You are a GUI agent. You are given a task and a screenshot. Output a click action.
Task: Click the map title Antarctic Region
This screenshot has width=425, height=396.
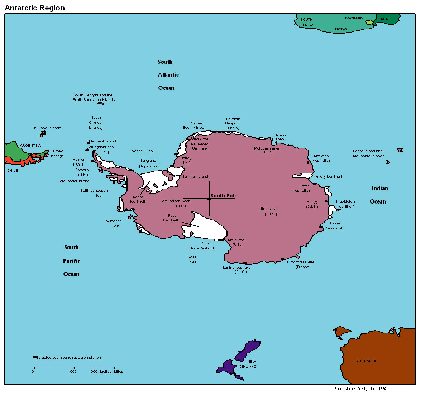coord(35,8)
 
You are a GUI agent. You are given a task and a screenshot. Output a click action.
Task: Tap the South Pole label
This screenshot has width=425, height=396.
coord(224,196)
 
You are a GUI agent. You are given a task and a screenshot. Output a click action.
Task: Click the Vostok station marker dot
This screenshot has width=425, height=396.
coord(262,209)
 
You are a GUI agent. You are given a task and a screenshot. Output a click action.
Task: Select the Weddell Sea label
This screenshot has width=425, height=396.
coord(142,151)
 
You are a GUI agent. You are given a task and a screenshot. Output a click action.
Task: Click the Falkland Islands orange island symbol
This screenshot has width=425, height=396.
coord(43,134)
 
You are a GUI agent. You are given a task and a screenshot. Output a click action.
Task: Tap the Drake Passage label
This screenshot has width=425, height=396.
coord(57,153)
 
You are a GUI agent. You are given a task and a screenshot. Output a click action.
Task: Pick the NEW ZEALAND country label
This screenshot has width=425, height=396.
coord(248,364)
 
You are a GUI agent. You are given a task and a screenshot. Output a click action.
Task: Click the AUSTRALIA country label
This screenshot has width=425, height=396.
coord(366,361)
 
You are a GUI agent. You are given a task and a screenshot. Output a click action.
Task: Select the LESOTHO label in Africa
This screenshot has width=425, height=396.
coord(340,29)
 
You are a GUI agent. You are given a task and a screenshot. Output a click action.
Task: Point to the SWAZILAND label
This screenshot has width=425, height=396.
coord(353,18)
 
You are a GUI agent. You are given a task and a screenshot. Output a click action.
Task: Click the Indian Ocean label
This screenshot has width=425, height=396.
coord(379,195)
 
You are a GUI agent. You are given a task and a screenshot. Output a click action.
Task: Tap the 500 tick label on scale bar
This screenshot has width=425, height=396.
coord(73,372)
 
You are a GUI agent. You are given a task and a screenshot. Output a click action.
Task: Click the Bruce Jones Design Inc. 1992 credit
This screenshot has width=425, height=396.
coord(360,389)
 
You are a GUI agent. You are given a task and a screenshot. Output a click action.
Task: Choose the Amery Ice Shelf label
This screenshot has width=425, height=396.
coord(328,177)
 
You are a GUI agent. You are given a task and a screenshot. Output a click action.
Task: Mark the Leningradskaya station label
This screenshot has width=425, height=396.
coord(237,269)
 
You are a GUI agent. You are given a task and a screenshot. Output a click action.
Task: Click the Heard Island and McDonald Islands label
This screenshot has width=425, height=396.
coord(368,153)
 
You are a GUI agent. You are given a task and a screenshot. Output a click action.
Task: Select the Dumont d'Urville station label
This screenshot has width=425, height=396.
coord(300,264)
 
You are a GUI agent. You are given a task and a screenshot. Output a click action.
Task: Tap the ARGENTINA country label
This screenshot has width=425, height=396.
coord(30,146)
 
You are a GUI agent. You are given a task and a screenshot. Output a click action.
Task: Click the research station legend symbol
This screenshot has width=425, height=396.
coord(34,357)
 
